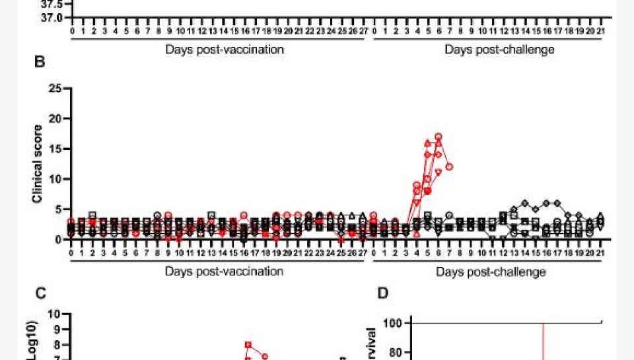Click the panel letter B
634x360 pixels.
coord(40,63)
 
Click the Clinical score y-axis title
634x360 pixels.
coord(38,163)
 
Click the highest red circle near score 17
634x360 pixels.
coord(438,137)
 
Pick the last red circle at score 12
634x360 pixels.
coord(449,167)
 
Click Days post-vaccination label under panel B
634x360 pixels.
coord(225,271)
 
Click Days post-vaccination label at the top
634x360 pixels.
coord(225,50)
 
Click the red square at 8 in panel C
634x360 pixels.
coord(248,345)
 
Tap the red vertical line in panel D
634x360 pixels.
coord(543,340)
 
